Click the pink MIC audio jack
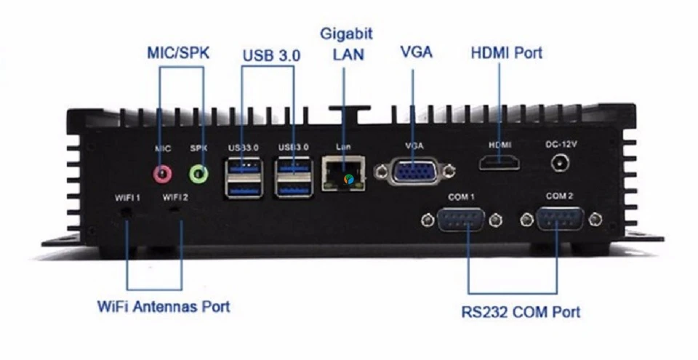coord(163,173)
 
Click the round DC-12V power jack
coord(560,162)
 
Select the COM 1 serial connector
coord(461,219)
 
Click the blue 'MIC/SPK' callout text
coord(179,52)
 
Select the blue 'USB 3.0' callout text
coord(271,55)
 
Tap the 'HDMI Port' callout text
coord(507,52)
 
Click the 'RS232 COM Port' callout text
coord(521,312)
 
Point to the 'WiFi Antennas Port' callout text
coord(164,306)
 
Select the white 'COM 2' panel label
coord(559,196)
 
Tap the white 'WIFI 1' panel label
coord(127,196)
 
